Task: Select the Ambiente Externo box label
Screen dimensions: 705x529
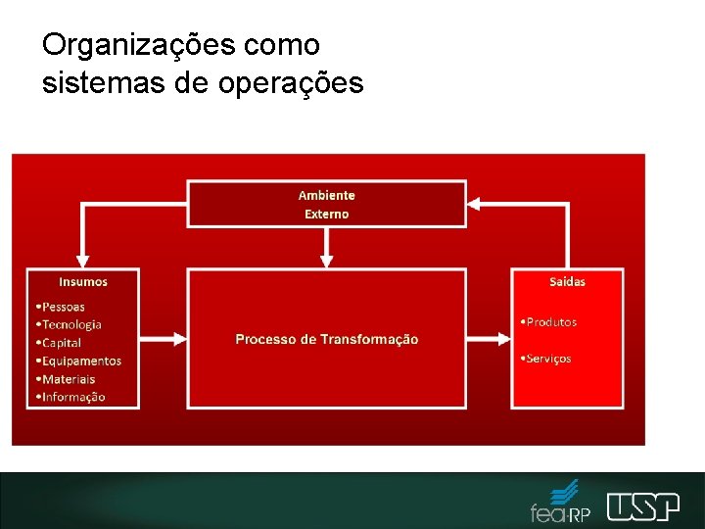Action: tap(326, 205)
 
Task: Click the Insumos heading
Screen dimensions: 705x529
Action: tap(83, 282)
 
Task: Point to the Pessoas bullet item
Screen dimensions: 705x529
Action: tap(61, 307)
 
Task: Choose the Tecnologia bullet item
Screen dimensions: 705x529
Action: tap(69, 324)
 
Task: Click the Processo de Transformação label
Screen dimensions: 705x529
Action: tap(326, 339)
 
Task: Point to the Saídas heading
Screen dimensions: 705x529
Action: tap(567, 282)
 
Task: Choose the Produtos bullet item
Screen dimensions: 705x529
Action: tap(549, 322)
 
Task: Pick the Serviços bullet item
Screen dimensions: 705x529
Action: tap(546, 359)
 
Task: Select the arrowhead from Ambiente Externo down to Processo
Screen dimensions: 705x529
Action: tap(327, 261)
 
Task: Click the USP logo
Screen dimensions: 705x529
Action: tap(642, 505)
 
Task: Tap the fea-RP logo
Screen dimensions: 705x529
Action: tap(561, 503)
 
